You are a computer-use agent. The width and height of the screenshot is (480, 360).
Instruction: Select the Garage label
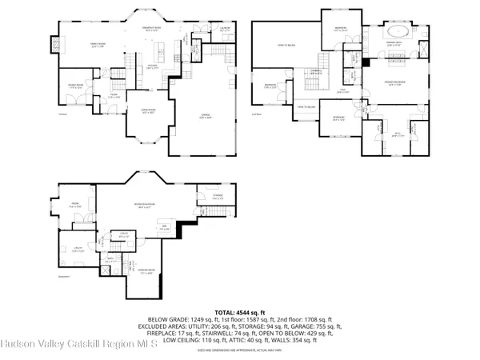tap(204, 116)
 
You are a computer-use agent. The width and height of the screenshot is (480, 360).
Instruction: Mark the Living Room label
tap(147, 113)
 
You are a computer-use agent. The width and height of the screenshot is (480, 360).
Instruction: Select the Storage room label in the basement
tap(218, 196)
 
